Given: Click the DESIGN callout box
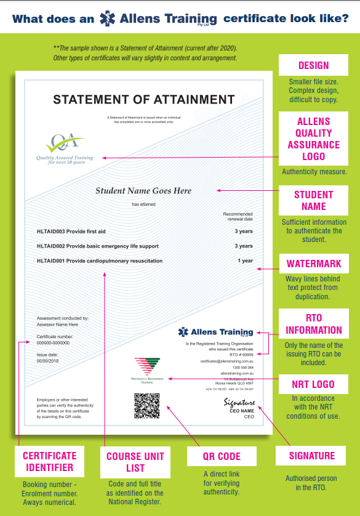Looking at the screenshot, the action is [x=313, y=65].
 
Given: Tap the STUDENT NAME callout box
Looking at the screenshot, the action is [x=313, y=201].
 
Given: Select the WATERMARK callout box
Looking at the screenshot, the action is [x=313, y=265].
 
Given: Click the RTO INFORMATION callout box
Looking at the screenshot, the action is [x=313, y=324].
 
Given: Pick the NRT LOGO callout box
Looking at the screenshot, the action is [x=314, y=384].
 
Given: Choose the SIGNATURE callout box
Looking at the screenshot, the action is [x=312, y=456].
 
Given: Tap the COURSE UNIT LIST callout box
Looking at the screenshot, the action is [x=135, y=462].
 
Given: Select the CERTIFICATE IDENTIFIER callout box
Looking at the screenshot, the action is [x=49, y=462].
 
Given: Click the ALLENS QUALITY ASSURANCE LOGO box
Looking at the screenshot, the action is [x=313, y=139].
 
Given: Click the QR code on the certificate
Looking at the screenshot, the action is [x=146, y=406].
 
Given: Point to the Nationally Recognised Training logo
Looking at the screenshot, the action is [x=147, y=370].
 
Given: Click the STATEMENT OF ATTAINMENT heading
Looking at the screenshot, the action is [x=143, y=99].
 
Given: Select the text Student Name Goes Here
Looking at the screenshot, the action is [x=143, y=191].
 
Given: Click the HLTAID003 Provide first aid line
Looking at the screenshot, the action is [x=71, y=232].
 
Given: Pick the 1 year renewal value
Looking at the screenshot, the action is [x=245, y=261].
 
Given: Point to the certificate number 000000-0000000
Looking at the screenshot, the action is [x=54, y=343].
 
